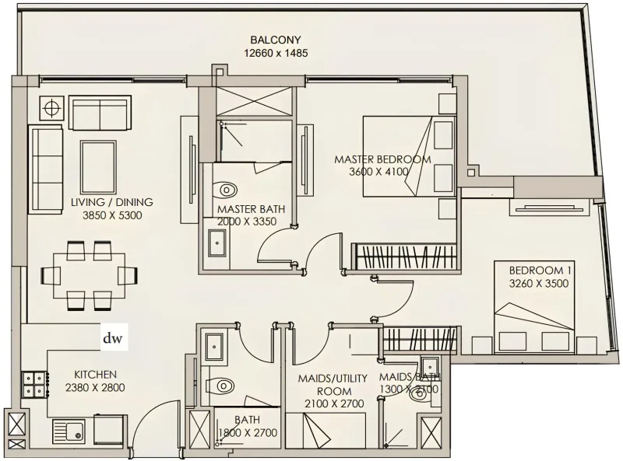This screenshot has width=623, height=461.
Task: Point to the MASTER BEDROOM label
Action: tap(382, 159)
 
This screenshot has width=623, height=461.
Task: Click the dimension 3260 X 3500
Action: tap(538, 284)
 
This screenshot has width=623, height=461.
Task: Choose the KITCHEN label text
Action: tap(95, 374)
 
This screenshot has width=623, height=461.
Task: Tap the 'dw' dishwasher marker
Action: tap(114, 338)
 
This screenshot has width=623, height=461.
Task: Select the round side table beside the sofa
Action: tap(52, 108)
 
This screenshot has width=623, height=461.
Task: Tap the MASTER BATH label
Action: tap(250, 210)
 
